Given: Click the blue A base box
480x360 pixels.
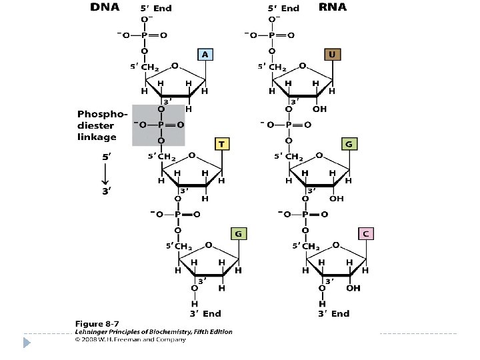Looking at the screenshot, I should (x=205, y=55).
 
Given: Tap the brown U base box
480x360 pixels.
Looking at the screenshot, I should (x=332, y=53).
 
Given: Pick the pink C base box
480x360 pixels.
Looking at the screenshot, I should (x=365, y=233).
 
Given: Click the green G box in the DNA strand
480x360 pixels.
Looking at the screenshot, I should (x=239, y=233).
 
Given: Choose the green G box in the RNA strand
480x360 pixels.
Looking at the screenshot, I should (x=349, y=143).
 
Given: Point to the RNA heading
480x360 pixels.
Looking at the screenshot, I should (x=332, y=7).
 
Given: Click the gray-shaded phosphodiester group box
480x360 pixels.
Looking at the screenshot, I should (x=158, y=124).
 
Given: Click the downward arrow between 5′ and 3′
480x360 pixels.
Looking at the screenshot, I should (x=104, y=175).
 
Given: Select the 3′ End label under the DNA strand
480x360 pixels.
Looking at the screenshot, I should (x=203, y=313).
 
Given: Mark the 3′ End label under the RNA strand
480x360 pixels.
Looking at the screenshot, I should (x=333, y=313).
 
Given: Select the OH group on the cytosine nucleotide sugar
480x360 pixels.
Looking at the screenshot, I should (x=353, y=288).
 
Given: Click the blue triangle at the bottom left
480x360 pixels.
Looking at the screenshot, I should (x=27, y=343).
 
